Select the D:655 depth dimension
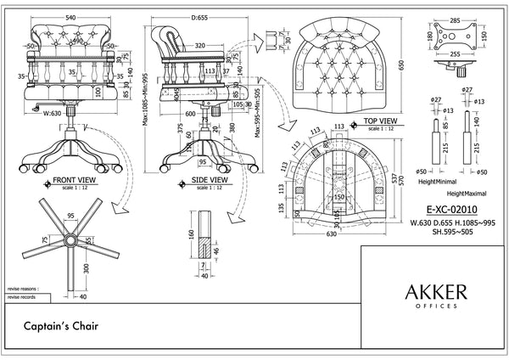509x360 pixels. [x=200, y=16]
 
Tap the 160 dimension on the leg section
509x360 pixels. [x=193, y=233]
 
